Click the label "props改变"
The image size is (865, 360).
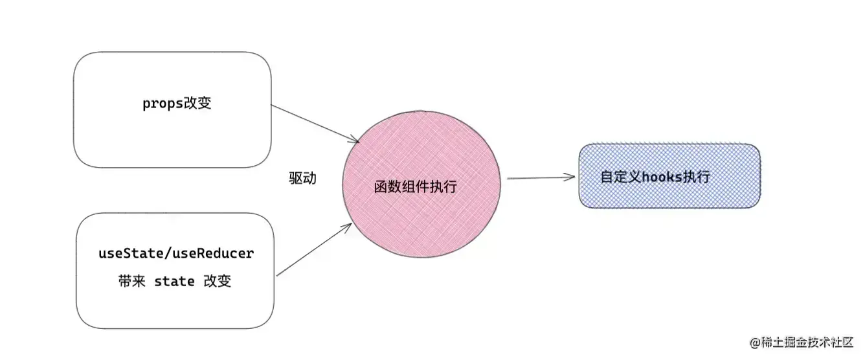click(177, 104)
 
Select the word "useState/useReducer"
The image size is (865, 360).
click(175, 253)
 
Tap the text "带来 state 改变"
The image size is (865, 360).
click(175, 281)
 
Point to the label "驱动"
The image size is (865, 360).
click(302, 178)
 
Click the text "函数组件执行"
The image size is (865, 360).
click(415, 187)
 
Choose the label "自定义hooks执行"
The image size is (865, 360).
click(655, 177)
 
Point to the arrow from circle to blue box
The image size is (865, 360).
click(541, 177)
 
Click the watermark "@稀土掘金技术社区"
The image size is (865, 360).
click(803, 341)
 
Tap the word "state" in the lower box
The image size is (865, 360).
click(174, 281)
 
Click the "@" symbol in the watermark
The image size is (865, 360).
click(754, 341)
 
